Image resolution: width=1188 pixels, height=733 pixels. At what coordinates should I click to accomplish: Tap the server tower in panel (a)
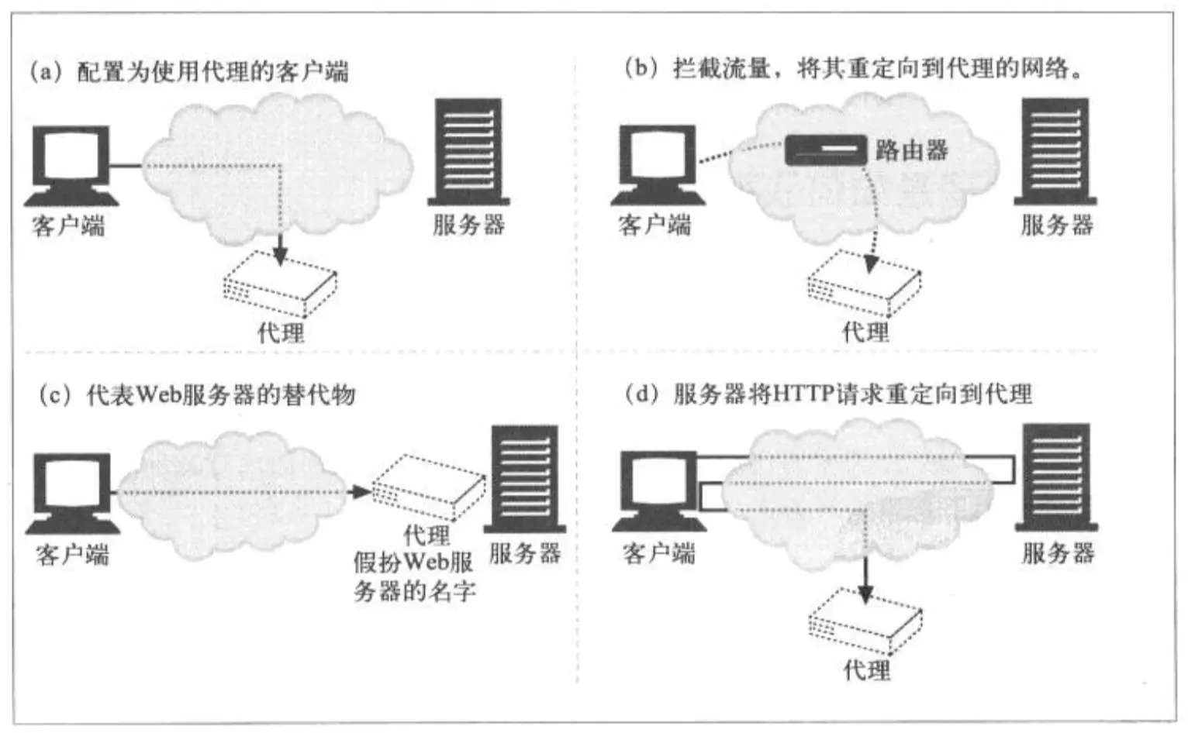468,151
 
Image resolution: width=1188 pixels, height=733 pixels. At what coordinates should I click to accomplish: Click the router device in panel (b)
825,150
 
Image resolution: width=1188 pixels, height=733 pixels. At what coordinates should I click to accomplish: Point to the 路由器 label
912,150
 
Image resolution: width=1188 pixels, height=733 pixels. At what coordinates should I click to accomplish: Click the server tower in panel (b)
1055,151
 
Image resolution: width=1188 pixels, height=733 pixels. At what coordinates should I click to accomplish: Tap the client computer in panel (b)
657,165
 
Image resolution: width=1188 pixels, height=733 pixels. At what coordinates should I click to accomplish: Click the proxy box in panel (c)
429,486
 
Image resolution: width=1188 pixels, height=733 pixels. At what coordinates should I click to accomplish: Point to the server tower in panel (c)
524,478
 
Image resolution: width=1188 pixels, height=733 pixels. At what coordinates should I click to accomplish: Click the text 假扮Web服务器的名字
414,576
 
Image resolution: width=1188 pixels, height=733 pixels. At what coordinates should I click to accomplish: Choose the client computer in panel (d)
658,492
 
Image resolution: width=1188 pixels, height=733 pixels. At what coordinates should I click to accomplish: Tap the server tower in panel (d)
1056,477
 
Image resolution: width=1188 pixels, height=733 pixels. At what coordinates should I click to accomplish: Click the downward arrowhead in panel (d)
865,594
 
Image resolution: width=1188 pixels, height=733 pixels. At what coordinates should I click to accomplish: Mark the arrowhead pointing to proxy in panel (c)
361,491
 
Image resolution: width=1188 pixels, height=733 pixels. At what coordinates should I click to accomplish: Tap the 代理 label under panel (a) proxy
281,333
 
